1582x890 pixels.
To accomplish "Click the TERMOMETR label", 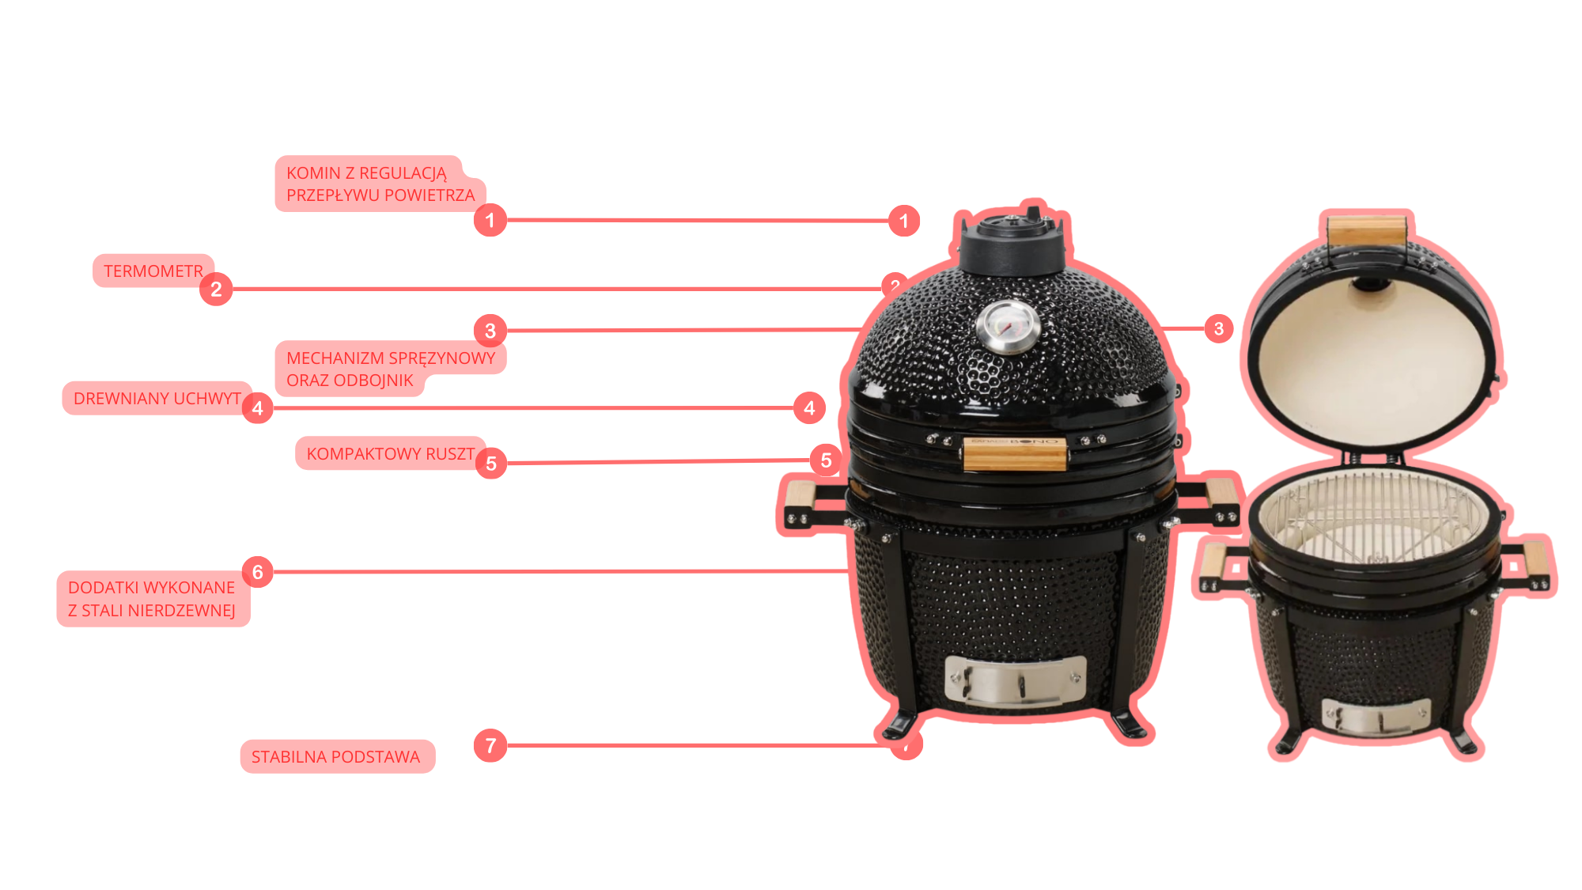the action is pos(153,271).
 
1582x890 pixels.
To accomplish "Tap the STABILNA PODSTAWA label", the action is pos(336,757).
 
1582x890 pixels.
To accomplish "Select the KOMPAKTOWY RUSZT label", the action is pos(390,453).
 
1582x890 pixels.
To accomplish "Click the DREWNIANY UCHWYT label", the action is pos(157,399).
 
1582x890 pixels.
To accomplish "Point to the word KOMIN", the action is pos(313,173).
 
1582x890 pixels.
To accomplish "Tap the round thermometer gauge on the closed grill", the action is pos(1008,327).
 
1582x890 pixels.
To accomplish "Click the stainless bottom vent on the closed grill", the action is pos(1016,680).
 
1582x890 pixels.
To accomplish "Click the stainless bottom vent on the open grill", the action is pos(1376,717).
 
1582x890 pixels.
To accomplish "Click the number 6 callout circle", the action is pos(258,572).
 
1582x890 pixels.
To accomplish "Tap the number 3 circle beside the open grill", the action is pos(1219,328).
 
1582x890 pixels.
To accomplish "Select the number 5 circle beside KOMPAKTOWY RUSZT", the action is pos(491,464).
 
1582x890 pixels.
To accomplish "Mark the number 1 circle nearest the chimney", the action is pos(904,221).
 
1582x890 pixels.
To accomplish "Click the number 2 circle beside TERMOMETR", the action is pos(216,290).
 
